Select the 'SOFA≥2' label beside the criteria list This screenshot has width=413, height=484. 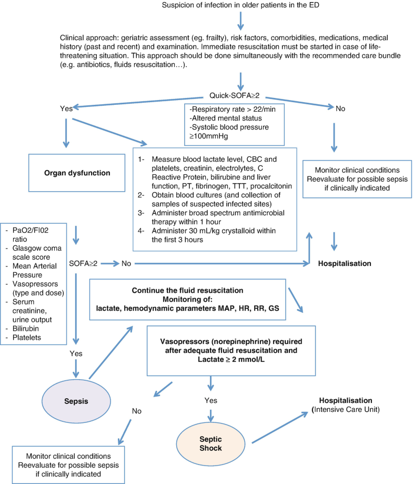click(84, 262)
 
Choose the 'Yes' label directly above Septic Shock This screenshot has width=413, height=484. click(210, 400)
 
